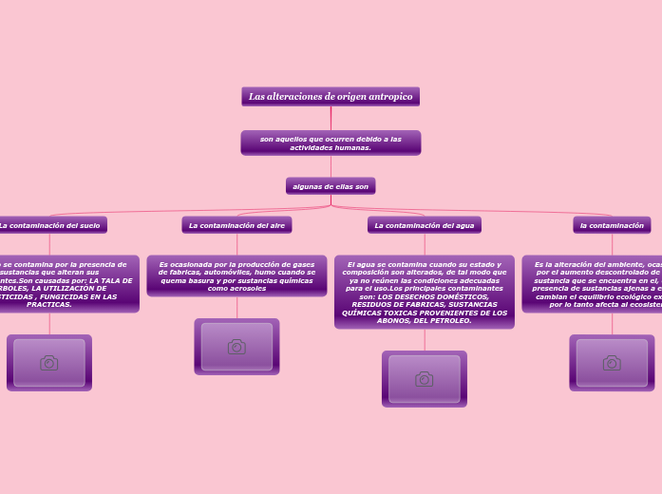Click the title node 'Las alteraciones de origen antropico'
click(331, 96)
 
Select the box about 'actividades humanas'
click(331, 142)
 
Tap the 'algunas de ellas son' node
click(331, 186)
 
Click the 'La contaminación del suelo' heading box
click(49, 225)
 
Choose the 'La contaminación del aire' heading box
click(236, 225)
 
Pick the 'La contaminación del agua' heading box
click(424, 225)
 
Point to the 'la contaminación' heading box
click(612, 225)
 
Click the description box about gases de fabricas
click(236, 275)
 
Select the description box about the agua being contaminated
click(424, 292)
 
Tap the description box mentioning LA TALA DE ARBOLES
click(66, 283)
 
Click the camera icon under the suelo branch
click(49, 363)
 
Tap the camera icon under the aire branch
click(236, 347)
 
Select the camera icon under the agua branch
click(424, 379)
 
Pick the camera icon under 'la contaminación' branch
click(612, 363)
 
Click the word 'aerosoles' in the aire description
click(249, 288)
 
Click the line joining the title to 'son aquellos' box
click(331, 118)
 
